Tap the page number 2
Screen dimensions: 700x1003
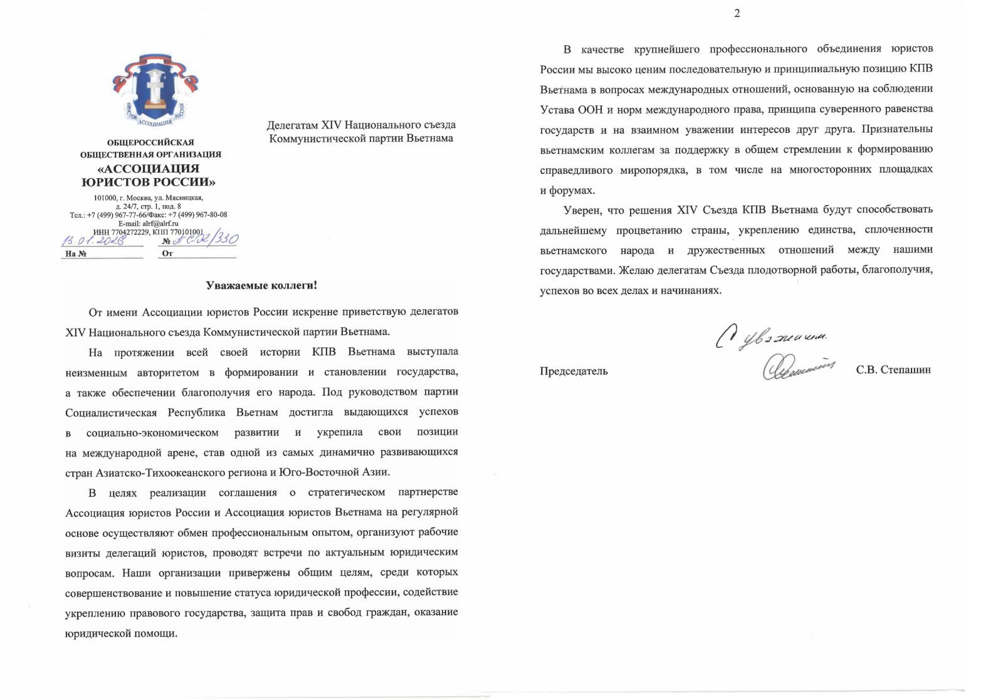click(737, 14)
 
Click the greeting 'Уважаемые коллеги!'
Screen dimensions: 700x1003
click(261, 286)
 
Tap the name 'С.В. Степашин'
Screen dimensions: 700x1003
click(893, 370)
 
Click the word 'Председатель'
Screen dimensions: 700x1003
click(574, 371)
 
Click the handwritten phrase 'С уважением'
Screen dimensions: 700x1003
click(771, 337)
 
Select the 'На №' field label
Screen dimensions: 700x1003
click(75, 254)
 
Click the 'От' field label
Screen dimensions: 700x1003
click(167, 254)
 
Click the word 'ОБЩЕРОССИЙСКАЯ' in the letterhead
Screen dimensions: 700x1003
click(150, 142)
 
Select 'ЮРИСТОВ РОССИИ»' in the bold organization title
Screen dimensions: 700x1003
click(149, 183)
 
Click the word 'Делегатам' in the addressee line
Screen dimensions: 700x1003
click(293, 125)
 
